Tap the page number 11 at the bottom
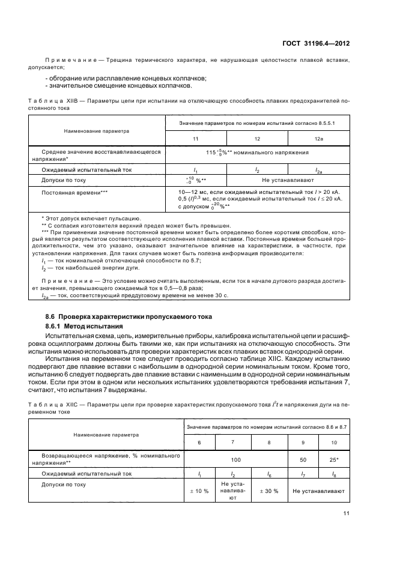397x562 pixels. (347, 513)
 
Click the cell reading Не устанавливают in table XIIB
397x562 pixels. (288, 180)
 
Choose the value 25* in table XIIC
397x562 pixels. (335, 461)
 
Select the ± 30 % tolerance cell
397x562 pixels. (268, 491)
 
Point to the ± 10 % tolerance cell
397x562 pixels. (198, 491)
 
